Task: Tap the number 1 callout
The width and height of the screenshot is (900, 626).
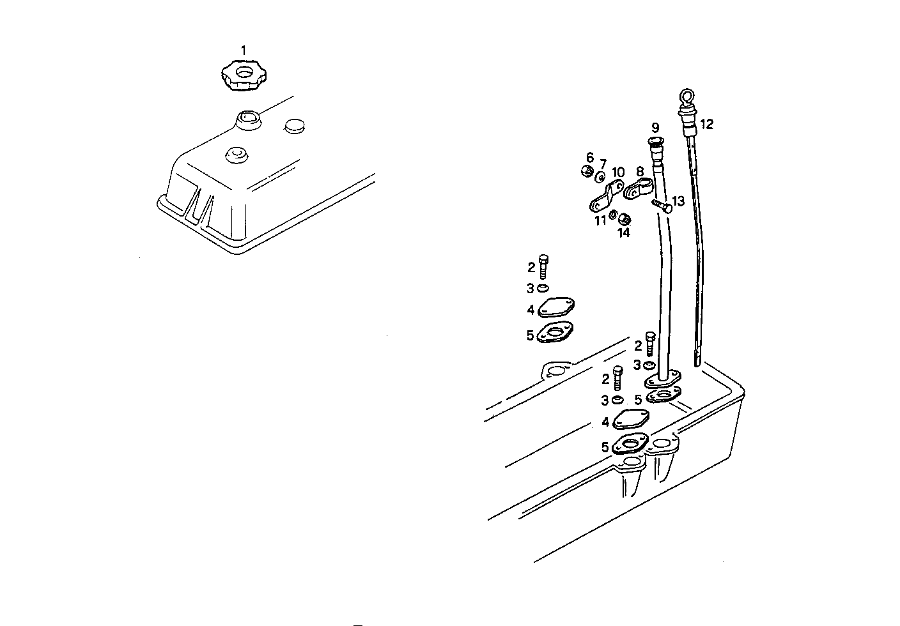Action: pos(243,49)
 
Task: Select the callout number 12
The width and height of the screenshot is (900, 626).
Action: pos(706,124)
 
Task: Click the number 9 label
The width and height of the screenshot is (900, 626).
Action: pos(655,127)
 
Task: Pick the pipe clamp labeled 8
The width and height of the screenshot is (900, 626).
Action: pos(637,189)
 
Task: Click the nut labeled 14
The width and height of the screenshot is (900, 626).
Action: pos(626,219)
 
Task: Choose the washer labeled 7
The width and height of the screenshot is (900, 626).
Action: pos(601,177)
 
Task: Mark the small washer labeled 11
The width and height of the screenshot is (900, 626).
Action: pos(613,215)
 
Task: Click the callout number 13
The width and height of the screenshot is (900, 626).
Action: pos(678,201)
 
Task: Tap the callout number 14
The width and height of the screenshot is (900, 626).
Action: pos(623,233)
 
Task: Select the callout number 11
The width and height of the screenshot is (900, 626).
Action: pos(600,220)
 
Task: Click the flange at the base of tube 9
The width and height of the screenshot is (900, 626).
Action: pos(663,379)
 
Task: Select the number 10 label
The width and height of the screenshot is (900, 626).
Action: pos(618,172)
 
